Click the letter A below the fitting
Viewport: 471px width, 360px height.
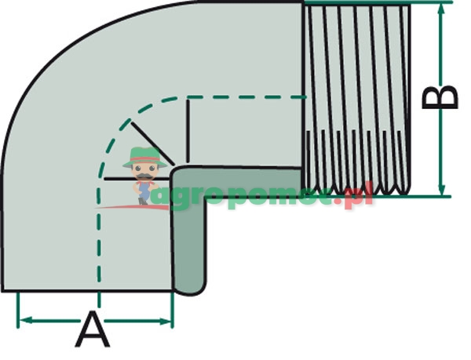point(93,330)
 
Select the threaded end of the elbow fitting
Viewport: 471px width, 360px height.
point(356,98)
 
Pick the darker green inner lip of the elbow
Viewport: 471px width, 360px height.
point(189,235)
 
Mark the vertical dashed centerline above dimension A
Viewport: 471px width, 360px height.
point(98,251)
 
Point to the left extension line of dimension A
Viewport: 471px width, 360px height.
point(17,310)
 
